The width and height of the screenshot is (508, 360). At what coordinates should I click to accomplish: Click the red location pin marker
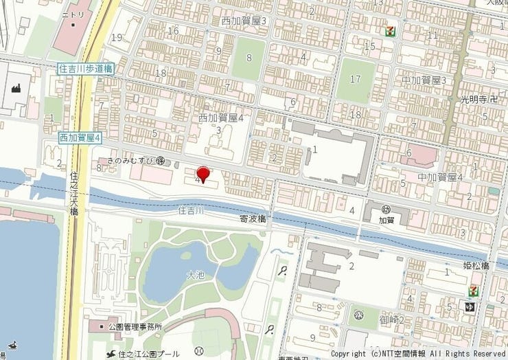[203, 174]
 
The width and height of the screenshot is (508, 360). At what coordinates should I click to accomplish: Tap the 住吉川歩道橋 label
[85, 69]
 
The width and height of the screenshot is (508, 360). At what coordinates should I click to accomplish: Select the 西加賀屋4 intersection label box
[80, 138]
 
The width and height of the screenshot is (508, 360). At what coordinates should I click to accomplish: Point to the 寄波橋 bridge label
[253, 219]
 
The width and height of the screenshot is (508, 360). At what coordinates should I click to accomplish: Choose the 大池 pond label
[196, 275]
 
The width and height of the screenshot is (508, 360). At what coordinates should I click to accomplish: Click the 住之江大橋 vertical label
[73, 193]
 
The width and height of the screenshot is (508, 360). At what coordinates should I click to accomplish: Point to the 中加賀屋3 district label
[424, 81]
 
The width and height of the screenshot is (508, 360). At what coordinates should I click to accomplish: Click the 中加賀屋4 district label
[441, 177]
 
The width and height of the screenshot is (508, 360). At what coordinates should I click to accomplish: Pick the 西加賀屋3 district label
[244, 21]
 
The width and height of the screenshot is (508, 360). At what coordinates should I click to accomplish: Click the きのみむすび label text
[130, 160]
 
